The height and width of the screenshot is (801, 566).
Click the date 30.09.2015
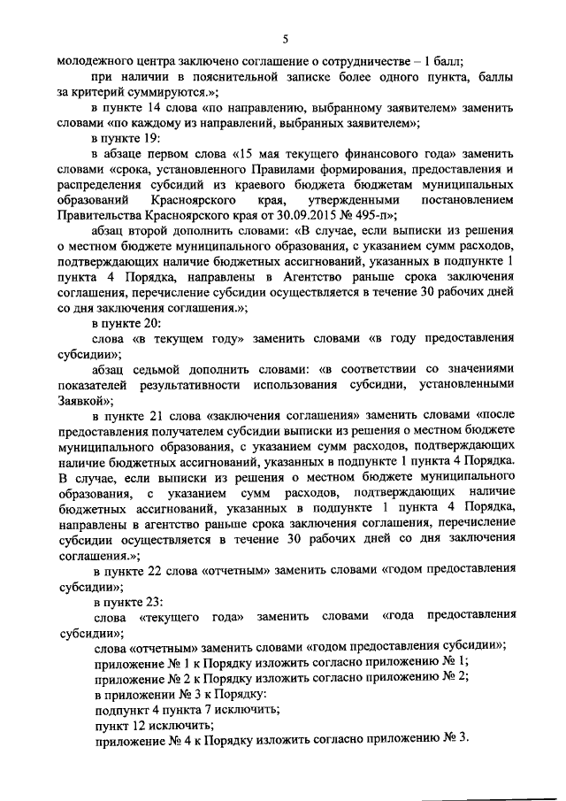pos(322,214)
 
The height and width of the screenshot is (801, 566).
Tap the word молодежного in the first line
pos(93,61)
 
